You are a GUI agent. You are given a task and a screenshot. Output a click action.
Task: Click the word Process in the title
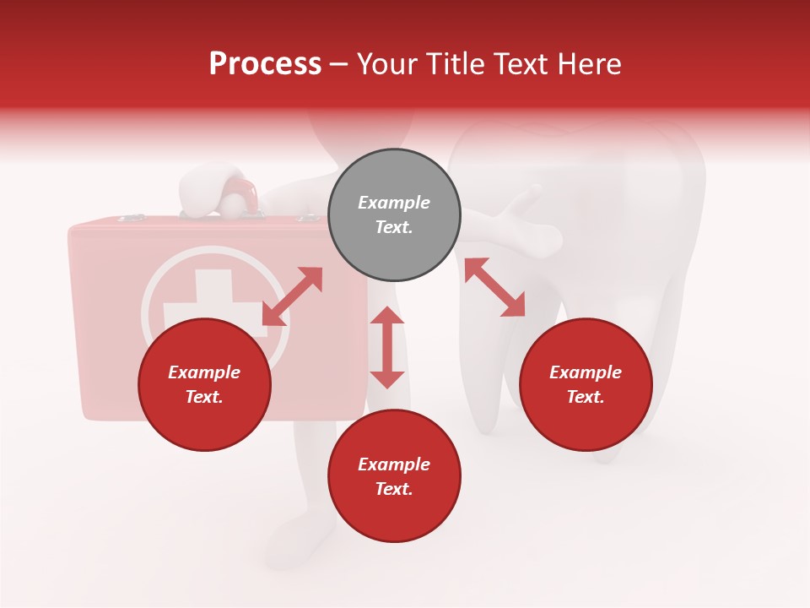(265, 64)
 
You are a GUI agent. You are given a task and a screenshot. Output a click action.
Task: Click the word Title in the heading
(454, 64)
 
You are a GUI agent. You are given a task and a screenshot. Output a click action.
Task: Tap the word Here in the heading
(587, 64)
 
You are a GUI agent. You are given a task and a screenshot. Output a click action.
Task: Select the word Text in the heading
(520, 64)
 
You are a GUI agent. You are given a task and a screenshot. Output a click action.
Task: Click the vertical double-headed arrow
(387, 347)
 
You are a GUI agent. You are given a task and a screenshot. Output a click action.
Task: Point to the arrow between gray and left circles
(292, 296)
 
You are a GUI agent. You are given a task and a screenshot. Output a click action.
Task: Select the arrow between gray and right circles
(495, 287)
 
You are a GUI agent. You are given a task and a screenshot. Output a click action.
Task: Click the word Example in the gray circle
(394, 203)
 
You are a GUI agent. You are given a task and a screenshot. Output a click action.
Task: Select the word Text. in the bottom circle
(394, 489)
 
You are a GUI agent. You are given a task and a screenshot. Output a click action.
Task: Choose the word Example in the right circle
(586, 372)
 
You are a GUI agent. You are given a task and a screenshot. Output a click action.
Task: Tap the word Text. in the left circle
(204, 397)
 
